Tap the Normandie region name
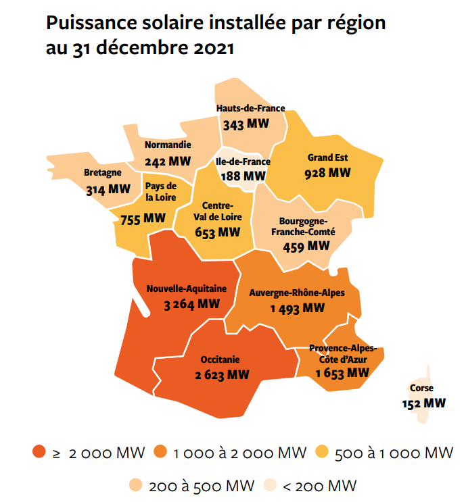pos(168,145)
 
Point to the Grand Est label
pos(327,157)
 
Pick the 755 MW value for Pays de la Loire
pos(143,218)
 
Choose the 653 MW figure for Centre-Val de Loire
pos(217,232)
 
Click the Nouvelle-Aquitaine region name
pos(187,289)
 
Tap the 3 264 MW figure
pos(192,304)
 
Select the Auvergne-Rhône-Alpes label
pos(297,293)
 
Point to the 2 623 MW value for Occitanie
pos(220,375)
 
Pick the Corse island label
pos(421,388)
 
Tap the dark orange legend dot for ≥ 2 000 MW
pos(38,453)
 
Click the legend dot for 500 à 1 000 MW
pos(321,453)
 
